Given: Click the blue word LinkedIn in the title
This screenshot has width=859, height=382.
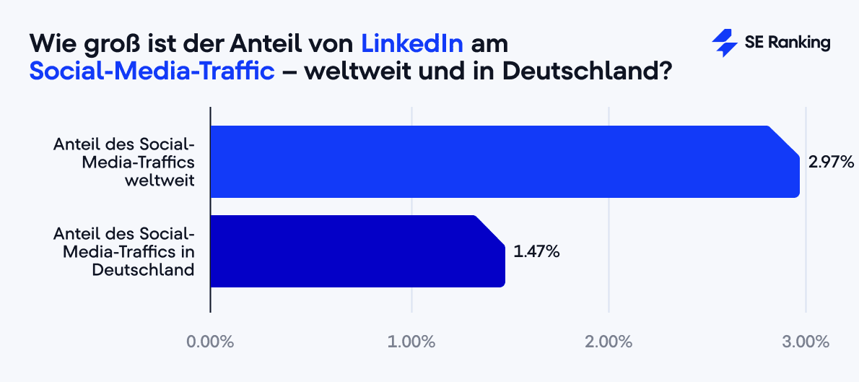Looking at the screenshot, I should [411, 43].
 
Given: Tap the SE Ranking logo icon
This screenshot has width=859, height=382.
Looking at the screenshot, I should [723, 43].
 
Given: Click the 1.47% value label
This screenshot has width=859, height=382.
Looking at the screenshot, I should [536, 252].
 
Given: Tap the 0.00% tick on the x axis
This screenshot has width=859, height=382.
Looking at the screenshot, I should [210, 342].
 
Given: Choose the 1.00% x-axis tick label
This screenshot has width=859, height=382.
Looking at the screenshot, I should [411, 342].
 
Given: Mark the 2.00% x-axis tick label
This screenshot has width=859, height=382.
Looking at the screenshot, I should [609, 342].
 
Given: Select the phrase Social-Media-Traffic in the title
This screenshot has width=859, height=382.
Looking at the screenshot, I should [152, 72].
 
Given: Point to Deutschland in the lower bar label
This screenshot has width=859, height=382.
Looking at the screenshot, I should [143, 270].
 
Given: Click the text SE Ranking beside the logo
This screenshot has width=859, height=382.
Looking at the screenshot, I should [788, 43].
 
